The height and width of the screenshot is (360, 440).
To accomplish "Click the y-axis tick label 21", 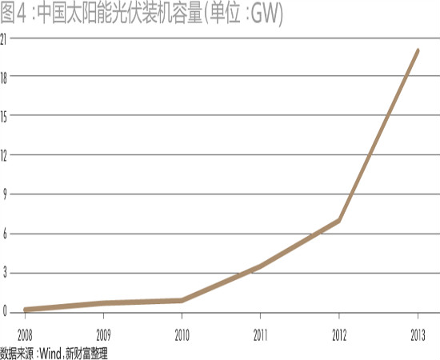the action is (x=3, y=40).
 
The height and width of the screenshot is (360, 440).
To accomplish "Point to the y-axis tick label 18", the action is (x=3, y=78).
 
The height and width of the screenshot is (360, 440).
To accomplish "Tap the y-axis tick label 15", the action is (x=3, y=118).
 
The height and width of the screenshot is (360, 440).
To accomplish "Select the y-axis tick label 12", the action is (x=3, y=157).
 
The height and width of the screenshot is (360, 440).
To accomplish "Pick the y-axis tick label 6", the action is (x=5, y=234).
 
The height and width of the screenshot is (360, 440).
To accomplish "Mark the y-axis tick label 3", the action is (x=5, y=273).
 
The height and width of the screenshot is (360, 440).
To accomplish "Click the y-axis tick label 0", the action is (x=5, y=311).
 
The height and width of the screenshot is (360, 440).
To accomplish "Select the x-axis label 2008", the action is (x=25, y=335).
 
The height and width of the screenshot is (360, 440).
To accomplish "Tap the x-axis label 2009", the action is (x=103, y=335).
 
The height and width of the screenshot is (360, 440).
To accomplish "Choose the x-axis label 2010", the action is (x=182, y=335).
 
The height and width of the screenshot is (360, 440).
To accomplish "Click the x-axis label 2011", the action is (x=261, y=335).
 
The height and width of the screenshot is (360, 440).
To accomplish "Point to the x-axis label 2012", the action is (x=339, y=335).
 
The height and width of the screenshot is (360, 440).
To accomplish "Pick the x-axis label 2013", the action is (x=418, y=335).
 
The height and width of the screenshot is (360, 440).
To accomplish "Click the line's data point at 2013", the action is (x=418, y=50).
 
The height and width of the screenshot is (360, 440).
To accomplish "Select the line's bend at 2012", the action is (x=339, y=221).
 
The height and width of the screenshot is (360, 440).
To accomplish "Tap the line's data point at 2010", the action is (x=182, y=301).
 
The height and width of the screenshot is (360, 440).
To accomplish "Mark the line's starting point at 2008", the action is (x=26, y=310).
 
